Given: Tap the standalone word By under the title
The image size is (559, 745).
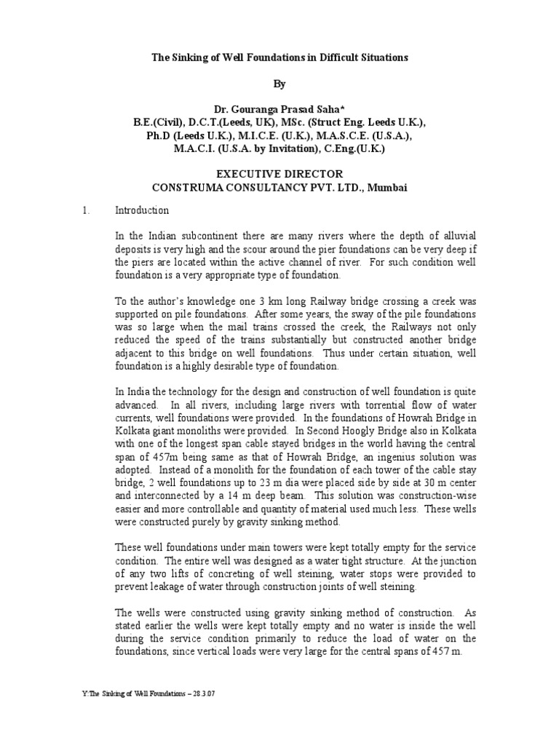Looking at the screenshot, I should point(279,84).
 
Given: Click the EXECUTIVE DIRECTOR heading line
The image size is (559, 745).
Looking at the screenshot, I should point(279,174).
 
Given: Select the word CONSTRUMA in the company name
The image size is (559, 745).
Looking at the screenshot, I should point(187,187).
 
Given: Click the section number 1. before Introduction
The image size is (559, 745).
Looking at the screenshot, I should point(85,211).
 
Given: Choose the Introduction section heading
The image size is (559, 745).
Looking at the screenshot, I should point(143,211).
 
